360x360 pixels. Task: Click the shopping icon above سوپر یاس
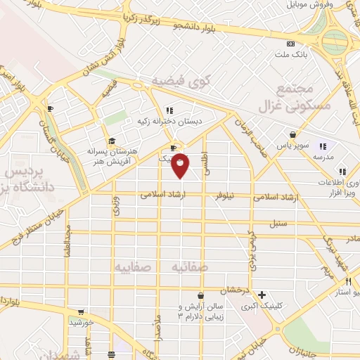click(292, 134)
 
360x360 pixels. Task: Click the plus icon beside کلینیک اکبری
click(262, 295)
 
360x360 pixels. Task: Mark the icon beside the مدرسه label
click(323, 146)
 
